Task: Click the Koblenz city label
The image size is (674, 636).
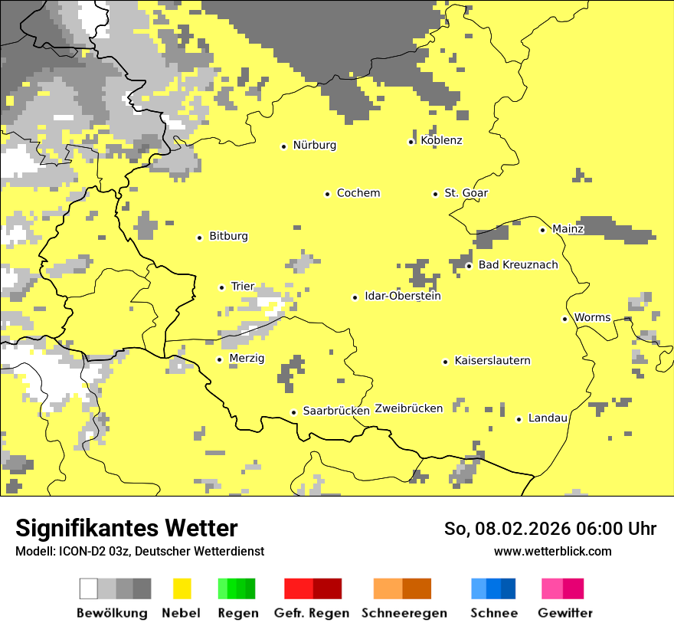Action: [441, 140]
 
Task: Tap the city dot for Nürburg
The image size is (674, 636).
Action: [283, 146]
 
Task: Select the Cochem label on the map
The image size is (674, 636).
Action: [358, 193]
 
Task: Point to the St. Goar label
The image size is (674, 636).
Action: [466, 193]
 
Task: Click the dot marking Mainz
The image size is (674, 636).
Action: [542, 230]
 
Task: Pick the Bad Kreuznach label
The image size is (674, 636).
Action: [518, 265]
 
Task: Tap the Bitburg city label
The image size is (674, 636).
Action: [228, 237]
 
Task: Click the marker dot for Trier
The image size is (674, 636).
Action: [221, 287]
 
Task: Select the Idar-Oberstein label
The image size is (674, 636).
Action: [402, 297]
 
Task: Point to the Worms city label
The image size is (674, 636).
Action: [592, 318]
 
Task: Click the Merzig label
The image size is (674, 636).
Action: [247, 359]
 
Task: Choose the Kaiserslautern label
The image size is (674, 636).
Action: [492, 361]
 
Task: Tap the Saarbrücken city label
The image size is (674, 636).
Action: [336, 411]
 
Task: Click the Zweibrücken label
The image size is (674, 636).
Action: [409, 408]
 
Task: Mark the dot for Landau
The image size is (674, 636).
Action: [519, 419]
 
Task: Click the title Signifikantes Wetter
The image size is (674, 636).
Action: [126, 529]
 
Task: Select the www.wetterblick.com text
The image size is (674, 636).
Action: [552, 552]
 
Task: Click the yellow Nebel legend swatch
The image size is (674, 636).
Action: [182, 588]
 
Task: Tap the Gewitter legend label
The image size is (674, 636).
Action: [564, 613]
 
